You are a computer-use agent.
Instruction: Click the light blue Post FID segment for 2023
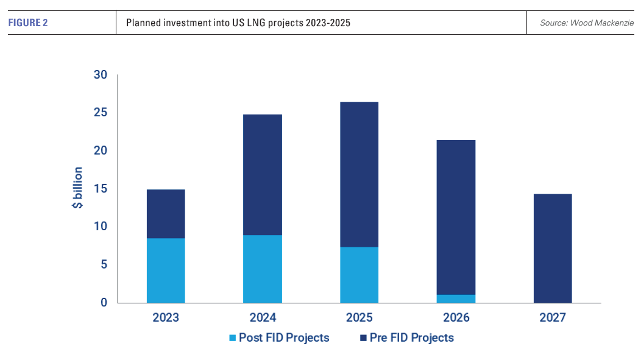tap(166, 270)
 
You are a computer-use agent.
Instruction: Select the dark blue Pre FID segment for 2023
tap(166, 214)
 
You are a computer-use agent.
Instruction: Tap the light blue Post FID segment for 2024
tap(263, 269)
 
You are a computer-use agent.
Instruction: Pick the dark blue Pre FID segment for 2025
tap(359, 174)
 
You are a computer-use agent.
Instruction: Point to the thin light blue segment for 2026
tap(456, 298)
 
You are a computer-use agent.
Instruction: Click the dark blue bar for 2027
tap(553, 248)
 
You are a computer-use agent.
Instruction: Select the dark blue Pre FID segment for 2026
tap(456, 217)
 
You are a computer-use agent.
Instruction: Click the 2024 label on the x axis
tap(263, 317)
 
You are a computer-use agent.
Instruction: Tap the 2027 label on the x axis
tap(553, 317)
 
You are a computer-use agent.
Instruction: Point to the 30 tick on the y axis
tap(101, 76)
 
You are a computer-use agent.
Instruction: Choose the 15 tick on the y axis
tap(101, 189)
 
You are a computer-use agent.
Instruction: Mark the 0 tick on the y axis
tap(104, 303)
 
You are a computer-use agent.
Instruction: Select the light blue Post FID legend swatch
tap(232, 337)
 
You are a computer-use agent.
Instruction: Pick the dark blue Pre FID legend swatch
tap(363, 337)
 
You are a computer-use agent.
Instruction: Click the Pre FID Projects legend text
tap(412, 337)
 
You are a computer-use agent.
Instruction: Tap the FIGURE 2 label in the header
tap(29, 23)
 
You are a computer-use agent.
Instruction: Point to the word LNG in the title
tap(240, 23)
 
